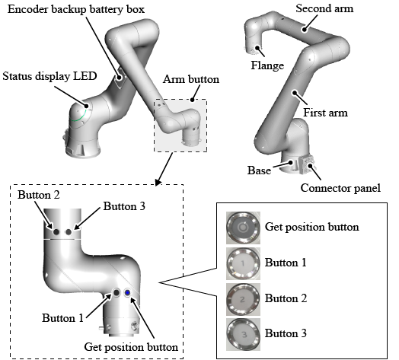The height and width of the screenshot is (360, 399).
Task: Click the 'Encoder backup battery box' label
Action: point(76,10)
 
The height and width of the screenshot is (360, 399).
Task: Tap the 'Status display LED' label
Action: point(50,76)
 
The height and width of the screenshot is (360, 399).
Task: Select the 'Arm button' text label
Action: point(191,79)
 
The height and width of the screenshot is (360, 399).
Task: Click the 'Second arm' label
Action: point(324,8)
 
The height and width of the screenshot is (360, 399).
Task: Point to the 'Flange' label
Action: point(267,65)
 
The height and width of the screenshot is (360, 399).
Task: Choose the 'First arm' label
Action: point(325,113)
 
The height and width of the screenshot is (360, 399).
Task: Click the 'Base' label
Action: point(259,170)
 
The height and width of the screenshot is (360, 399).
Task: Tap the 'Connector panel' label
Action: point(340,188)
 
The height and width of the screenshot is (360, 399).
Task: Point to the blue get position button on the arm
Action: point(127,293)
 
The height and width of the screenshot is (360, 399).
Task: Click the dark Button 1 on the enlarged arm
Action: point(117,293)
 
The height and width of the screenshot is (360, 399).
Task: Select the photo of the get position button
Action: point(243,227)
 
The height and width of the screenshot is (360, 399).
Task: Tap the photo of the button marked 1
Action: point(243,263)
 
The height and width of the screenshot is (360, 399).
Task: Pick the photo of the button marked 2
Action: point(243,299)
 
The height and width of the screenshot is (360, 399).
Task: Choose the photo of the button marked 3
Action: point(243,334)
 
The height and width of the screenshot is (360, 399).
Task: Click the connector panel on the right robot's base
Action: point(307,164)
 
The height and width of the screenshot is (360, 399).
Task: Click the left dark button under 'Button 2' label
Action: point(56,232)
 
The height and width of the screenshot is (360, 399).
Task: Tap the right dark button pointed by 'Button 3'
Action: point(69,232)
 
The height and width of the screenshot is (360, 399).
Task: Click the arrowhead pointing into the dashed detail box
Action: point(158,183)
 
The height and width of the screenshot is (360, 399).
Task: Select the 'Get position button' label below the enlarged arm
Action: point(131,347)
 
